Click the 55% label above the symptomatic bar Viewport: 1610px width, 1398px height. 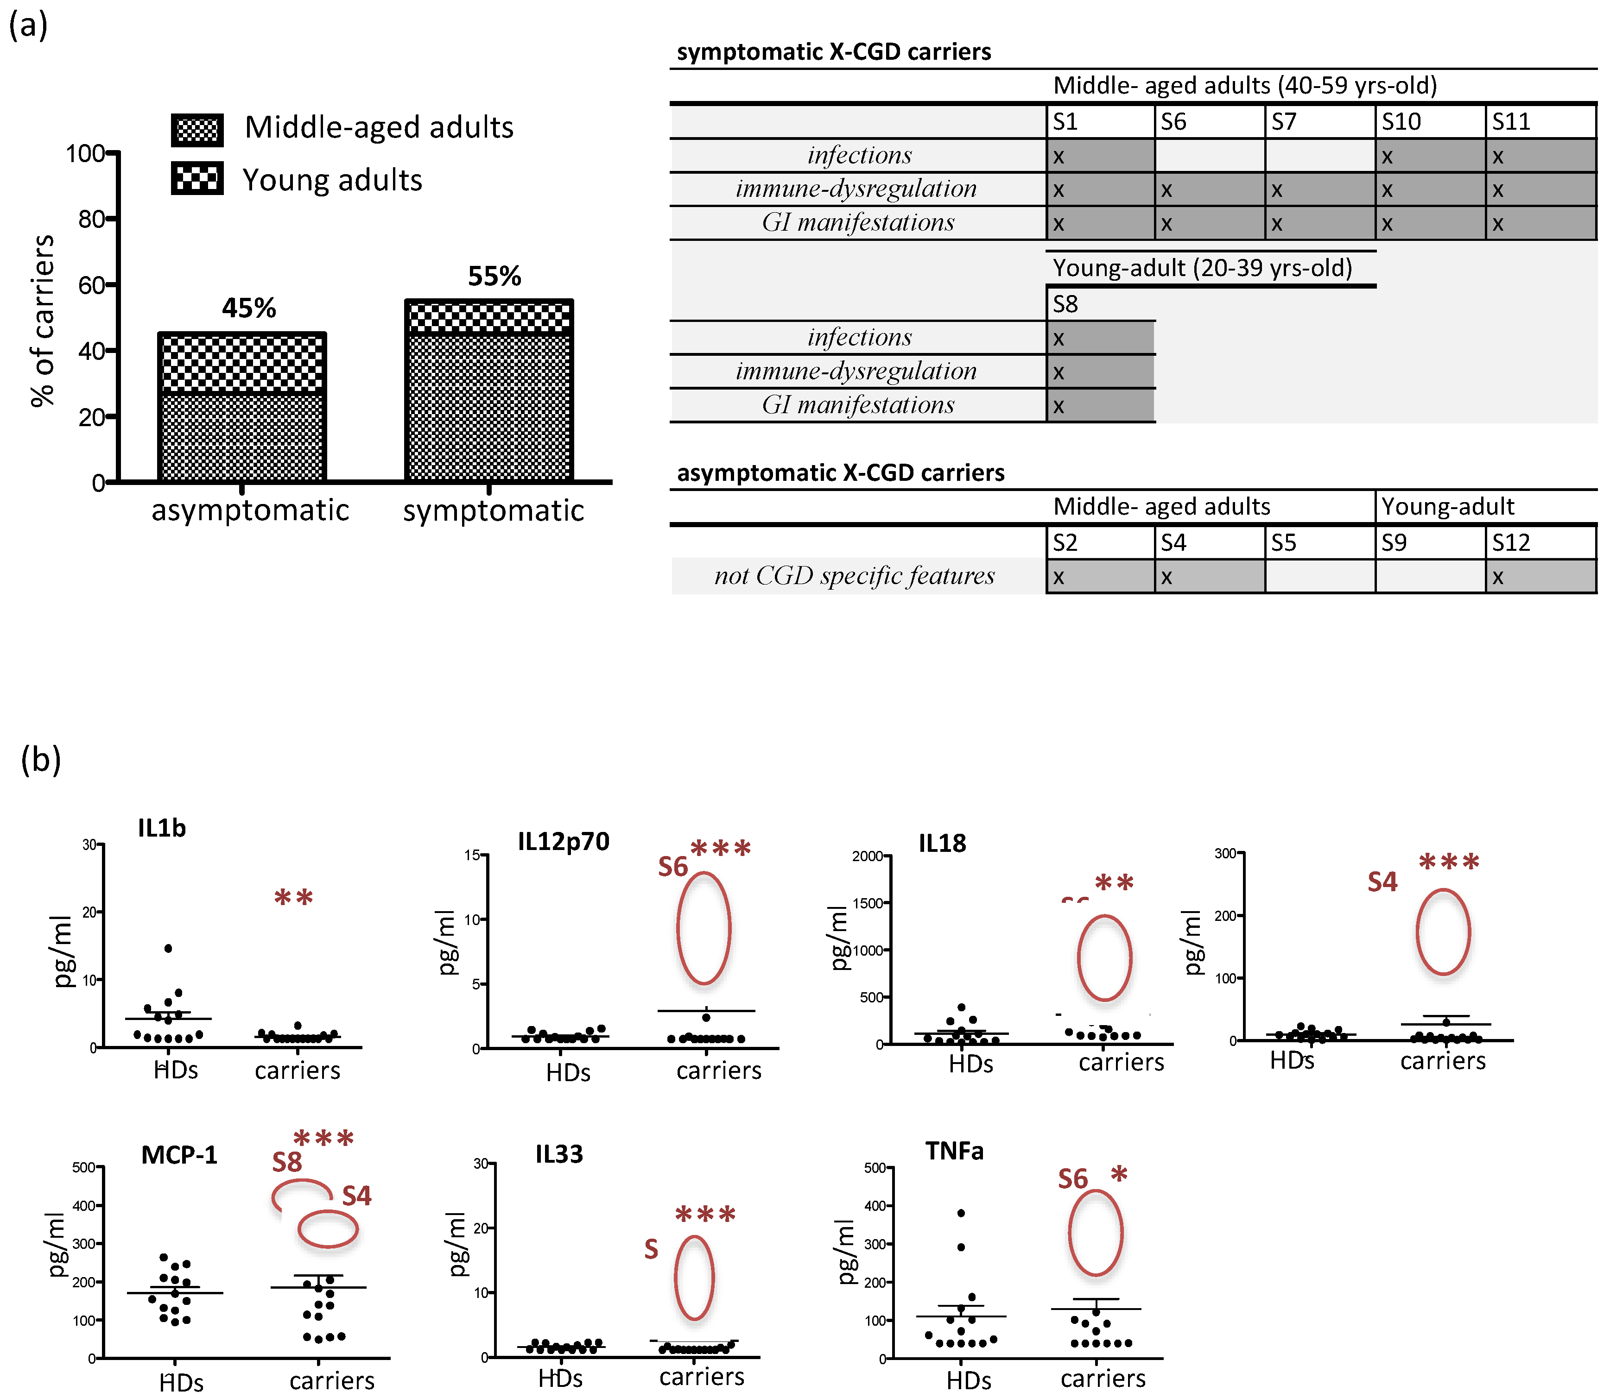(x=494, y=276)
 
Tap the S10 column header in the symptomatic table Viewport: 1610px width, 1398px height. (x=1401, y=122)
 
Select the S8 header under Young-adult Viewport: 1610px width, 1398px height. (x=1065, y=304)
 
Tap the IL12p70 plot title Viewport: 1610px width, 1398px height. (x=564, y=842)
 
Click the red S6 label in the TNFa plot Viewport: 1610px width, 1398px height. (x=1072, y=1179)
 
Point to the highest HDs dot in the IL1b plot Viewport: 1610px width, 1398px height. (x=168, y=949)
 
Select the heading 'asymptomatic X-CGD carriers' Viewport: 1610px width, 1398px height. (x=841, y=473)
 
